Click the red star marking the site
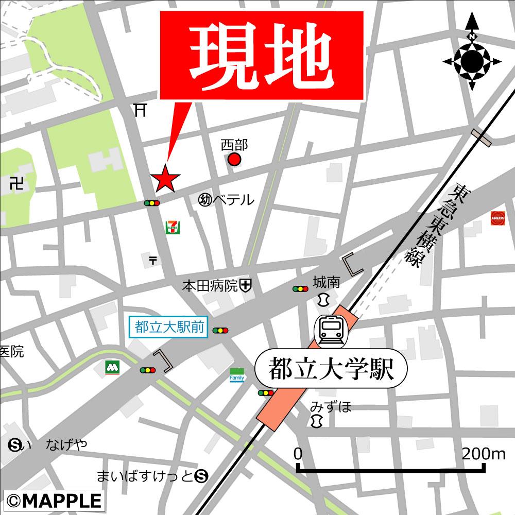[x=165, y=179]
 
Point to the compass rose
[x=472, y=61]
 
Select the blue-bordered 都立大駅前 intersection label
[x=168, y=328]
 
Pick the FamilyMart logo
[x=237, y=375]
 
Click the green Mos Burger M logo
[x=112, y=367]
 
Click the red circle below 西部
[x=234, y=160]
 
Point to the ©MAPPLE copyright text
[x=54, y=500]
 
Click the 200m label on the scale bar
[x=484, y=454]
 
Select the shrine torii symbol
[x=139, y=110]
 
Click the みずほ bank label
[x=331, y=407]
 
